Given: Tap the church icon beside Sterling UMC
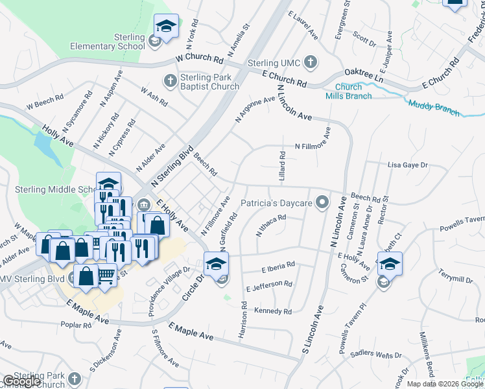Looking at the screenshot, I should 311,63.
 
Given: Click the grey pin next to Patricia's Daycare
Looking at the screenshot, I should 321,204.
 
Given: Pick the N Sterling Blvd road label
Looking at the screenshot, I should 172,167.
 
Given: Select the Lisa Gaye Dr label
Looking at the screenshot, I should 408,165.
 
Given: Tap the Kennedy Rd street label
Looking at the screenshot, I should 273,312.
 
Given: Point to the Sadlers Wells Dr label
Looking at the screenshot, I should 372,355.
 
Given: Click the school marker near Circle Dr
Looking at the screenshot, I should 216,262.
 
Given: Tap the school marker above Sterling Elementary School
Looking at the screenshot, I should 166,27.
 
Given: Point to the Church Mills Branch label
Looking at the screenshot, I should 353,91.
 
